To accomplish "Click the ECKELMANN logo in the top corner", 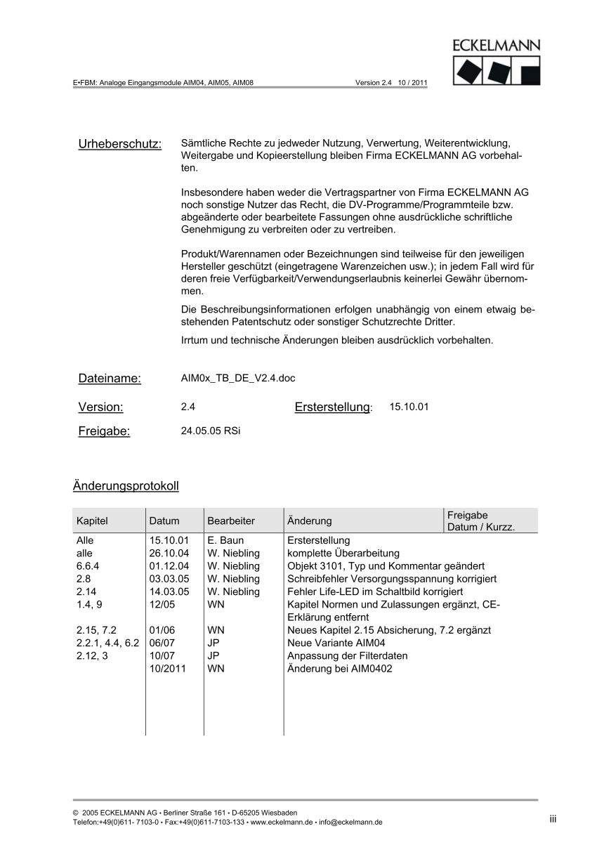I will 496,63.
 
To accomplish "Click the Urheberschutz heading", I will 120,144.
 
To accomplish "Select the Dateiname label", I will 110,379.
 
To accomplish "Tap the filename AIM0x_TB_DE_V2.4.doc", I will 238,378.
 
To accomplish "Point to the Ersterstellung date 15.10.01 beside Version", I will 409,407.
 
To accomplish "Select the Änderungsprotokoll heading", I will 126,486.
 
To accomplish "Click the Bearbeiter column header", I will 231,521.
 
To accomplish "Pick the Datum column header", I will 164,521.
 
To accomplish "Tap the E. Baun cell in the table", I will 225,541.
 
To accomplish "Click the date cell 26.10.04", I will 169,554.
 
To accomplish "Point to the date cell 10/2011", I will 168,669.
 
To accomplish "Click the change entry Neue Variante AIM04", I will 336,643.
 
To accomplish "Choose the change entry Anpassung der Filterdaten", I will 348,656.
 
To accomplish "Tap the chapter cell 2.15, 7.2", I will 96,630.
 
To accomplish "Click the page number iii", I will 553,818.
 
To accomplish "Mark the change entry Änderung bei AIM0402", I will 340,669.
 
